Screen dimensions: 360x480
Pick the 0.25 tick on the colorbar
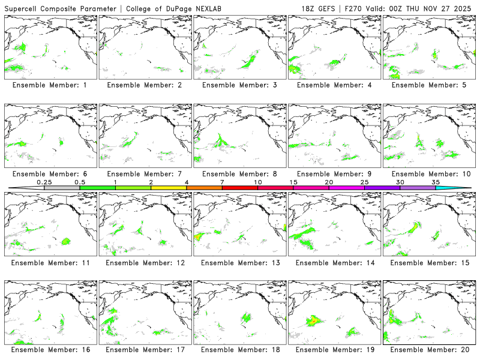[x=44, y=188]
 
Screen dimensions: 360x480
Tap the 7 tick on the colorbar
[x=223, y=188]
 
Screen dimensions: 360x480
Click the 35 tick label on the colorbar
[x=436, y=182]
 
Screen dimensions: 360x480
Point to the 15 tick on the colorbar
[x=293, y=188]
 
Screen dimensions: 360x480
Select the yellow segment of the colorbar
[x=169, y=188]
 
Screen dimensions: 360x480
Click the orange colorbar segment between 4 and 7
[x=204, y=188]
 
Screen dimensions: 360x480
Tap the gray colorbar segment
[x=62, y=188]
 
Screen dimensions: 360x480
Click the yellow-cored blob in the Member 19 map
[x=313, y=320]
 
